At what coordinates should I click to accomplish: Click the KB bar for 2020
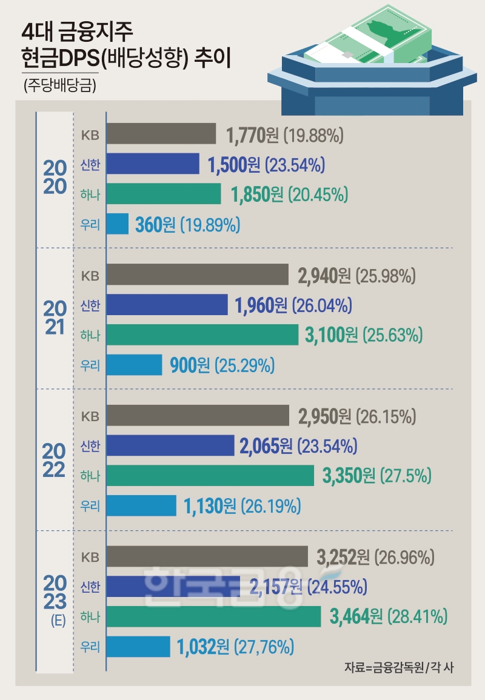(161, 135)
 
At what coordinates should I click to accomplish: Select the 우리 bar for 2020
(118, 224)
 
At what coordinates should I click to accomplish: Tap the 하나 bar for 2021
(202, 335)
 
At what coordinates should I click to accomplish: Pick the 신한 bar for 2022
(170, 446)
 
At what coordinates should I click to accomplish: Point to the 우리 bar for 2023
(138, 646)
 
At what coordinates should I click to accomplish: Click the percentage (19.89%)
(210, 225)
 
